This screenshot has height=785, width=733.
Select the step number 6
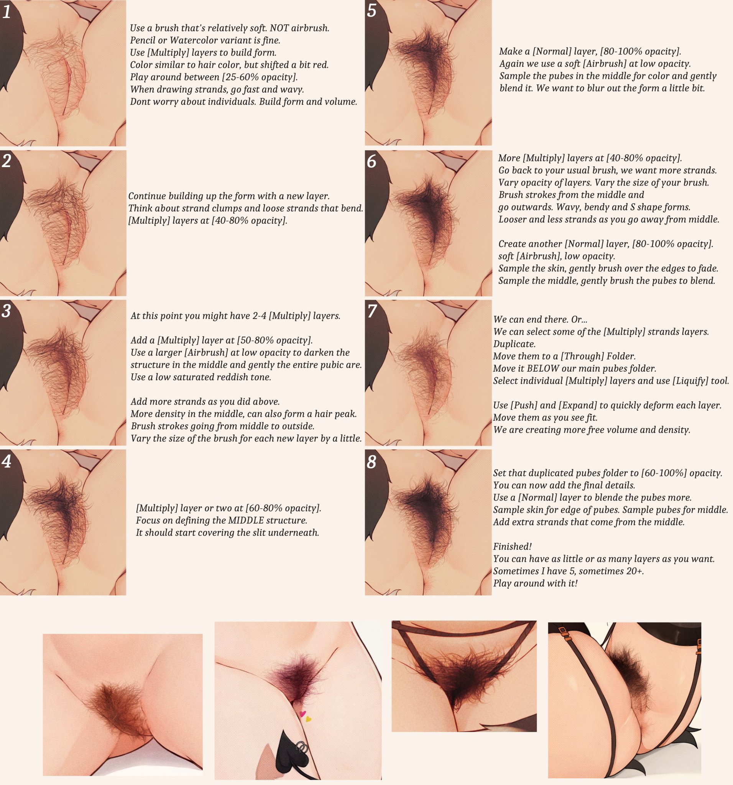point(371,162)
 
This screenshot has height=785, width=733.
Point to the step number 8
point(371,462)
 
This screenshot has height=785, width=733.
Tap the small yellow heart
point(309,719)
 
